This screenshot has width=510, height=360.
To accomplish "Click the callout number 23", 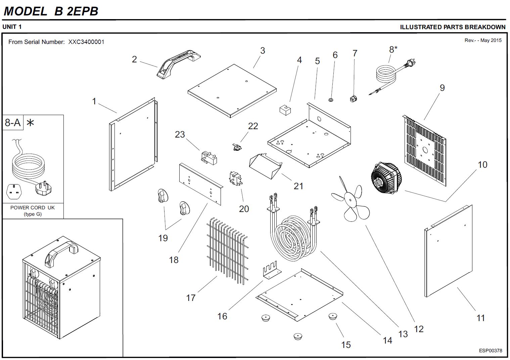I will coord(180,135).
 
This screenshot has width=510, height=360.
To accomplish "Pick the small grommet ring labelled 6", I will coord(331,100).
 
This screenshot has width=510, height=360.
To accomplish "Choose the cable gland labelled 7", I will coord(353,98).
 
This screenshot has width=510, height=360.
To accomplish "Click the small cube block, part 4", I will coord(285,110).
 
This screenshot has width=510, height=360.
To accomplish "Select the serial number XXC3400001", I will coord(86,42).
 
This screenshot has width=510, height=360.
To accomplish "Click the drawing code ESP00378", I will coord(491,351).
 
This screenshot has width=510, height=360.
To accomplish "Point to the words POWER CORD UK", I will coord(33,208).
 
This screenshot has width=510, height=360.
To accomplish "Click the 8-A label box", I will coord(13,123).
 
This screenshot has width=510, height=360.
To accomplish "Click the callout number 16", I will coord(222,316).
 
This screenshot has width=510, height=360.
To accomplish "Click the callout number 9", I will coord(442,88).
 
